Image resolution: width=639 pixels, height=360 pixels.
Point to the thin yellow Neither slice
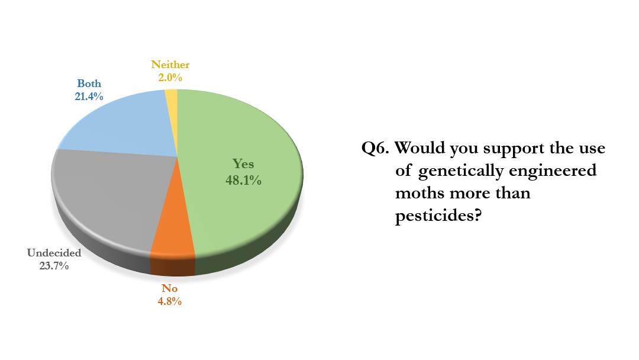[x=171, y=95]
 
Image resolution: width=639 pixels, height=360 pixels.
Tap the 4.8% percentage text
[x=169, y=301]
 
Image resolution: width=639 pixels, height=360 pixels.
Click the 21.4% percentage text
[x=89, y=96]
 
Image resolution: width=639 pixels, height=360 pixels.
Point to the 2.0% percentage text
[x=170, y=77]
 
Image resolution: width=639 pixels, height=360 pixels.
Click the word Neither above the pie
[x=170, y=65]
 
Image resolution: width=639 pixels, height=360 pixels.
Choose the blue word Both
[x=89, y=83]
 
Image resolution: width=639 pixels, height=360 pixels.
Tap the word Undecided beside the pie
[x=54, y=253]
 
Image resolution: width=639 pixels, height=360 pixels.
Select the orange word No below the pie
[x=169, y=289]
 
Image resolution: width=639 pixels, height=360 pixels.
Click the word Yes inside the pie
[x=243, y=164]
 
